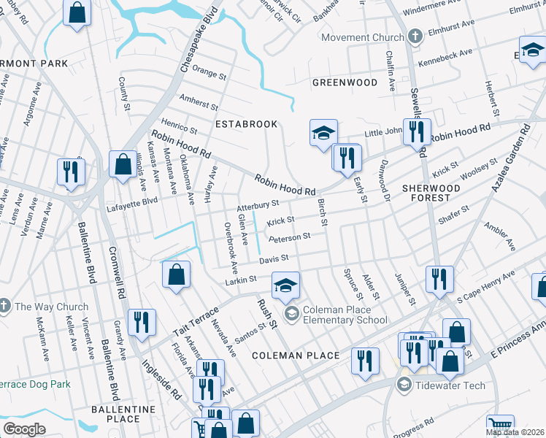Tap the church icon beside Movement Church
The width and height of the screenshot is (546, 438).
pos(415,36)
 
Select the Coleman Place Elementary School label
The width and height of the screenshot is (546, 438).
pos(345,315)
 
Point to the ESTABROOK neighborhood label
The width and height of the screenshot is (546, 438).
pos(246,124)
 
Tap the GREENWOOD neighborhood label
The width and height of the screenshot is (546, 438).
pos(345,82)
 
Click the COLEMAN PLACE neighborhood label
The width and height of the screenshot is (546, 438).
pos(296,356)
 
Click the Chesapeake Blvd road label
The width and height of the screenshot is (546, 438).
pos(192,44)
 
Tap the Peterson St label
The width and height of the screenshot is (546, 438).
pos(289,237)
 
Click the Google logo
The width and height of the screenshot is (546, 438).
pos(24,429)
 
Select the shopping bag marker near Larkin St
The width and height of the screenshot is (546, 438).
pos(176,276)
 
